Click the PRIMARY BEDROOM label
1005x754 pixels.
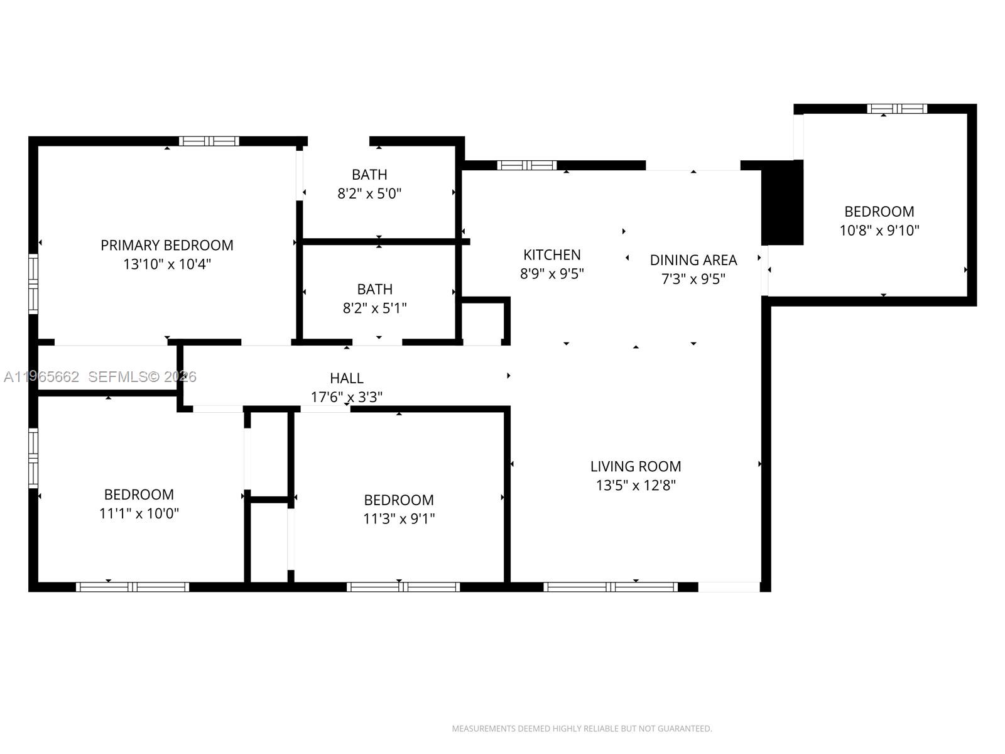point(167,245)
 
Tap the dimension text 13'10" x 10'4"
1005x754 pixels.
point(167,264)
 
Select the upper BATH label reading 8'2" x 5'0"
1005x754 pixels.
point(369,175)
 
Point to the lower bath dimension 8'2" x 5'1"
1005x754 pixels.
point(375,308)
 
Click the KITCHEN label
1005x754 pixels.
point(552,254)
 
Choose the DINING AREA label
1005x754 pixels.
point(693,260)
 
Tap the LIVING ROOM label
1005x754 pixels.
point(636,466)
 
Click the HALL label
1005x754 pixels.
point(347,378)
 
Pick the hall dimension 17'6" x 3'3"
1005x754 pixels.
point(347,397)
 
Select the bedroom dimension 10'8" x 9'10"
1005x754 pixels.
point(879,231)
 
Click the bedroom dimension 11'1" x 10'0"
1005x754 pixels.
point(139,513)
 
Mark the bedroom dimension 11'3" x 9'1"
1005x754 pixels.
point(399,518)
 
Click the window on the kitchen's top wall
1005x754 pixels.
point(527,165)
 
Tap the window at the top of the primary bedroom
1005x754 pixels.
point(209,141)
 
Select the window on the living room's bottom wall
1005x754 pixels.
point(611,587)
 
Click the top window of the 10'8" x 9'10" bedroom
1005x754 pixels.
point(897,109)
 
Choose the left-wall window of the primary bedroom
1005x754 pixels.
point(33,283)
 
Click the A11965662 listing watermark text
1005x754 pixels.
point(41,377)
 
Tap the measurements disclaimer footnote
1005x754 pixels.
point(582,729)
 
